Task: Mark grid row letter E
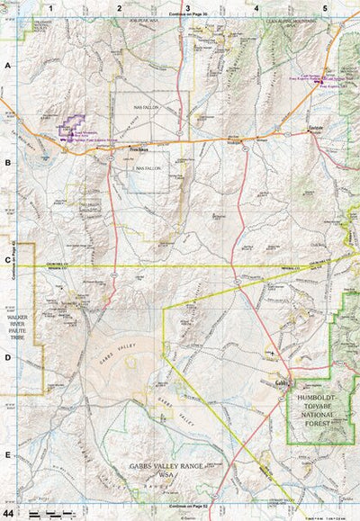coord(8,455)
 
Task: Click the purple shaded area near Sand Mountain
coord(70,128)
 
